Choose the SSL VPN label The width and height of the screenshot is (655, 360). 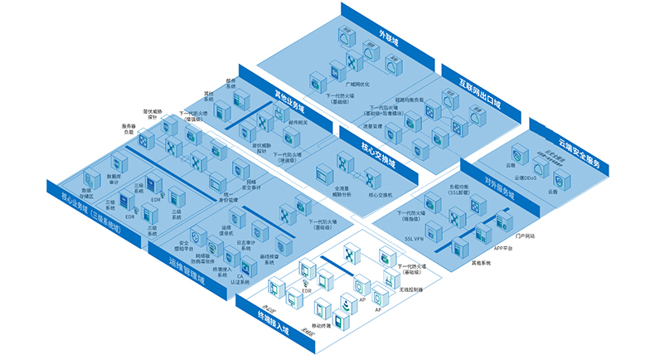tap(415, 237)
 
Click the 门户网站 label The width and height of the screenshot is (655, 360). tap(526, 236)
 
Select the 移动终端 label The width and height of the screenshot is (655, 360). tap(321, 325)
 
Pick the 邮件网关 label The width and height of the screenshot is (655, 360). tap(298, 123)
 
